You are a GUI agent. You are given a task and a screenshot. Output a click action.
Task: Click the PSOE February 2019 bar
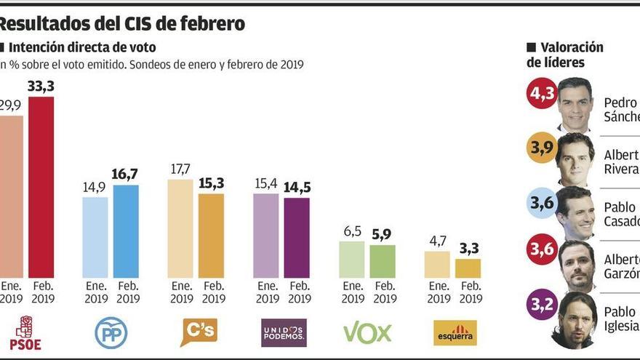point(41,187)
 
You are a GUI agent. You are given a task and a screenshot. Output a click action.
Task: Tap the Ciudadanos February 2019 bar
point(212,236)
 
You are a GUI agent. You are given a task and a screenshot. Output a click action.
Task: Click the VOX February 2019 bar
point(383,261)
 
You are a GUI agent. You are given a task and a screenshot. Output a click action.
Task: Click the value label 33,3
point(41,87)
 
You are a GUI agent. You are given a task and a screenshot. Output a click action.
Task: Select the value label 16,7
point(125,175)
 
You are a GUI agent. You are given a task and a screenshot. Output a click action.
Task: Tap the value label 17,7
point(180,169)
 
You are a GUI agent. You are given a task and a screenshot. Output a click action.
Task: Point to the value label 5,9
point(383,235)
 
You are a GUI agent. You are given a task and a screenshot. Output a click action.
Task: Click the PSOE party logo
point(25,332)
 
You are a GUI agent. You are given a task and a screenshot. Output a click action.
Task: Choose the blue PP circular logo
point(111,333)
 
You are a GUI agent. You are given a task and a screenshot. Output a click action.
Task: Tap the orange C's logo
point(199,332)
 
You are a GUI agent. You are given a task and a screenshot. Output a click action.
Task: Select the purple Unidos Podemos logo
point(284,332)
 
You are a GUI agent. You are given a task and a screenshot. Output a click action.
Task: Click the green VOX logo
point(367,333)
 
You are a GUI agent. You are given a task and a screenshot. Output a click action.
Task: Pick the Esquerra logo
point(455,333)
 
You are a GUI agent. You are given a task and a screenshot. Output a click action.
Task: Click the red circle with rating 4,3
point(541,93)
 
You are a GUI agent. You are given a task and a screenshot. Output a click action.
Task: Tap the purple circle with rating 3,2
point(541,305)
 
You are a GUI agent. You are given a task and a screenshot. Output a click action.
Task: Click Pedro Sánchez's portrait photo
point(575,104)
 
